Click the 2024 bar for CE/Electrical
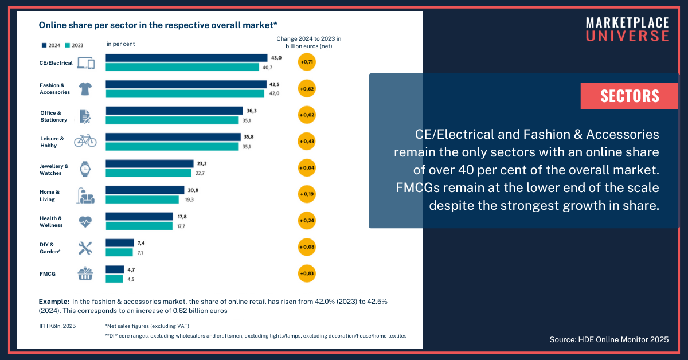[x=186, y=58]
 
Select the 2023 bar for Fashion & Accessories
[x=185, y=94]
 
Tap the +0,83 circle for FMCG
[x=307, y=274]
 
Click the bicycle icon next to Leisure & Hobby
[x=85, y=140]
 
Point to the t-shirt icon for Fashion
[x=85, y=88]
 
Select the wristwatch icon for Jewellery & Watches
[x=85, y=169]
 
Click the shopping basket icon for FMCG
[x=85, y=274]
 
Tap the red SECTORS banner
[x=630, y=96]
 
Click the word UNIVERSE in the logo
[x=627, y=36]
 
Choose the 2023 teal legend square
[x=68, y=44]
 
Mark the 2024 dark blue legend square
[x=44, y=44]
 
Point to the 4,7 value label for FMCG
[x=131, y=269]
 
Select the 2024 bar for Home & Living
[x=144, y=190]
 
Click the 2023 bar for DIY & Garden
[x=119, y=252]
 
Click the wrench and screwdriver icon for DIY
[x=85, y=248]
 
